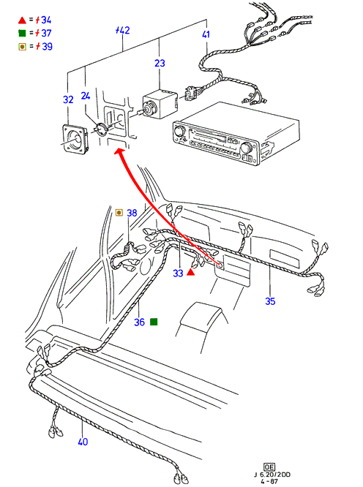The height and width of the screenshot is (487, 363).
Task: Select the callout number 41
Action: coord(206,34)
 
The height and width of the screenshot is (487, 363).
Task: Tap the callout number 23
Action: coord(160,63)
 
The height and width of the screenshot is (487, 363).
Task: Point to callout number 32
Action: coord(68,99)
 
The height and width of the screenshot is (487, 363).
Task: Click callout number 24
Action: coord(86,96)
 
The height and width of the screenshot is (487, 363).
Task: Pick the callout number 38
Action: coord(132,213)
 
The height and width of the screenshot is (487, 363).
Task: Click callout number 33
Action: coord(178,273)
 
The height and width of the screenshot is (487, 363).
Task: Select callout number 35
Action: coord(270,301)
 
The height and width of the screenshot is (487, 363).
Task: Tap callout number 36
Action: coord(139,322)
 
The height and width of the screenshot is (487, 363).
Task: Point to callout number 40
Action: coord(83,442)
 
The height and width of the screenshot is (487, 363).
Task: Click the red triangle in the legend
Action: coord(22,20)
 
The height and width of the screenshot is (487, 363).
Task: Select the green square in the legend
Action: coord(22,33)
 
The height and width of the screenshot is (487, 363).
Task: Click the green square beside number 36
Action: coord(154,322)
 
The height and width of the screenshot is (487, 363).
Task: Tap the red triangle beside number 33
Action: coord(190,273)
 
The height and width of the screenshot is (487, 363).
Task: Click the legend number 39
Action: coord(47,46)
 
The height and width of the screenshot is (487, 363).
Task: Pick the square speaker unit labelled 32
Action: coord(75,139)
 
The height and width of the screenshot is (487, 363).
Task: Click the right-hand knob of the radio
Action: coord(246,146)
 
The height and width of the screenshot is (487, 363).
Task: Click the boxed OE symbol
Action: coord(269,467)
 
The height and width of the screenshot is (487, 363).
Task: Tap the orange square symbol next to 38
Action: coord(119,213)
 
